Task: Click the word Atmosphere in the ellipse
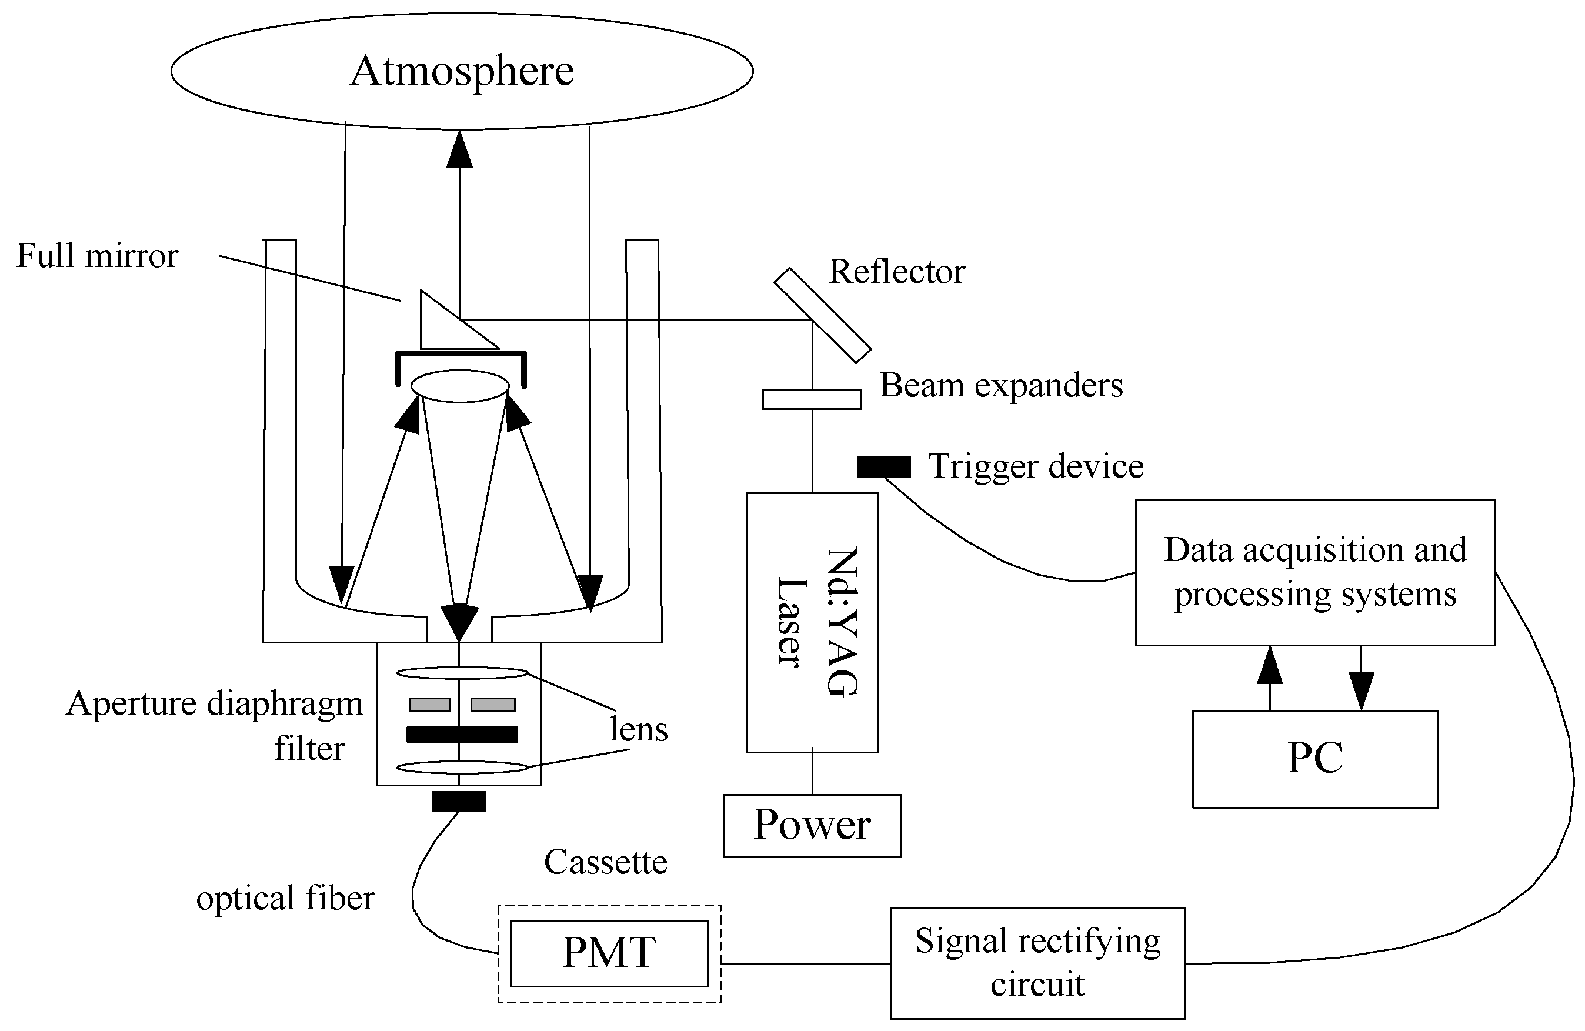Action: [x=462, y=71]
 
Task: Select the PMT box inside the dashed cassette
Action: [x=609, y=953]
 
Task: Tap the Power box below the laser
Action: [x=811, y=825]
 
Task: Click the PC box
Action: [x=1314, y=759]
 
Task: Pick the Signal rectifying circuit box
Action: [x=1037, y=962]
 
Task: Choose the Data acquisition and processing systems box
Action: [x=1314, y=572]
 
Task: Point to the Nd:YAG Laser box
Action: [x=811, y=622]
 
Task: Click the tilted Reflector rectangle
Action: [x=822, y=315]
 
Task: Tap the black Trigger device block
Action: [x=883, y=467]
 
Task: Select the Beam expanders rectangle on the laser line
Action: [x=811, y=399]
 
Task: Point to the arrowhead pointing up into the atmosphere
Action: [x=459, y=150]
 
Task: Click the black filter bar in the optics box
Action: [x=462, y=735]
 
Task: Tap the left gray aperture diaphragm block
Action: [x=429, y=704]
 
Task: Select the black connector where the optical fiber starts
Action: [x=459, y=801]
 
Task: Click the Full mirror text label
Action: [x=97, y=256]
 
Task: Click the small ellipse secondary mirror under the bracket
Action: [x=460, y=386]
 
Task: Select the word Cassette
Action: [x=605, y=862]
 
